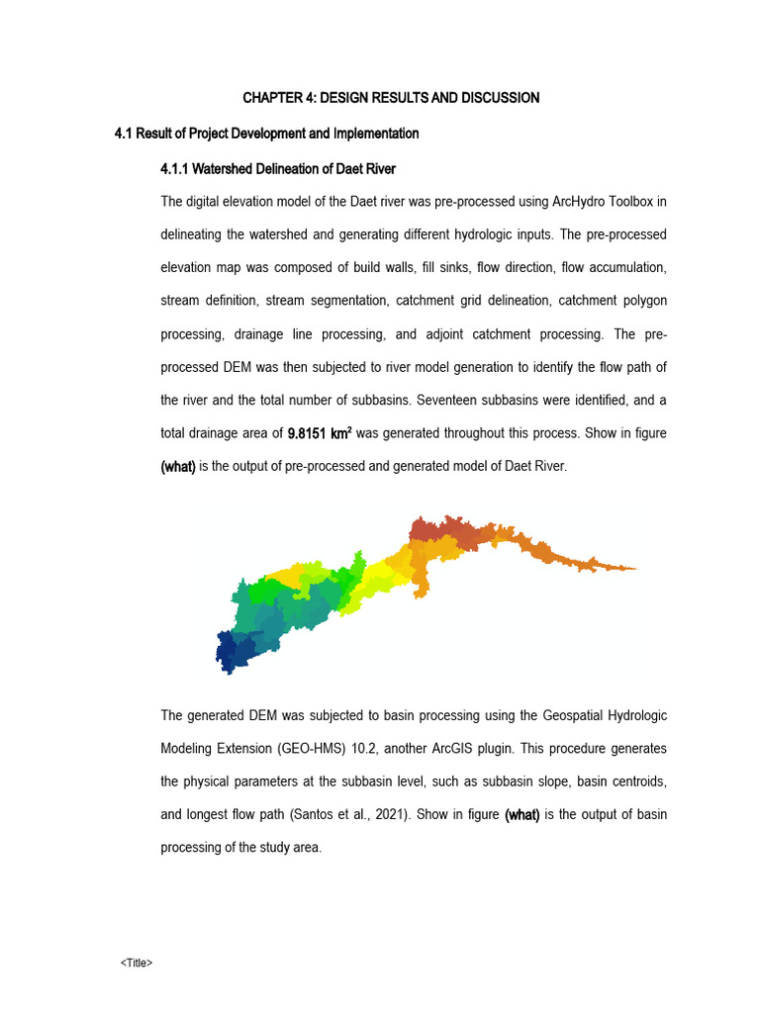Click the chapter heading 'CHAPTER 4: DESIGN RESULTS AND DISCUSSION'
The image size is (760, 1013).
tap(391, 98)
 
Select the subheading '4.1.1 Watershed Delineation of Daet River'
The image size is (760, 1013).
tap(277, 169)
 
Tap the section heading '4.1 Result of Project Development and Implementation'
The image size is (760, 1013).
tap(267, 134)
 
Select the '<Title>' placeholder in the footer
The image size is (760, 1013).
tap(137, 963)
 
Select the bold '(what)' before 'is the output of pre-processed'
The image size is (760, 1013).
tap(178, 467)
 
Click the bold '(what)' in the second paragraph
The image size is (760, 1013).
tap(522, 815)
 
